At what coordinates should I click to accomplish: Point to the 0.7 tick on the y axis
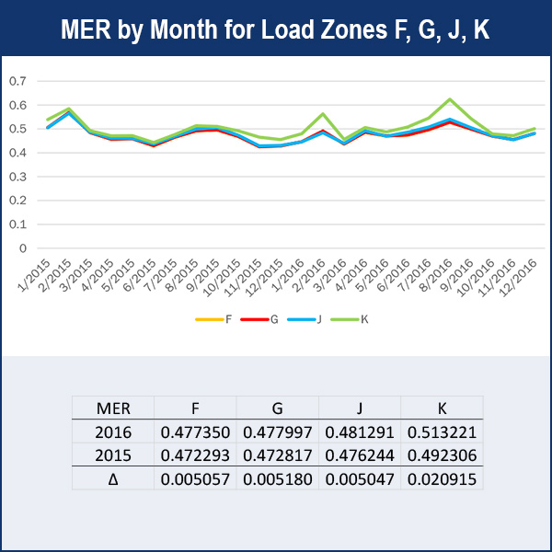click(x=17, y=80)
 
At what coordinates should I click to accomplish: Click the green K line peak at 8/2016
click(x=450, y=99)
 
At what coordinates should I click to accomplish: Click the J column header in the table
click(x=359, y=408)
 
